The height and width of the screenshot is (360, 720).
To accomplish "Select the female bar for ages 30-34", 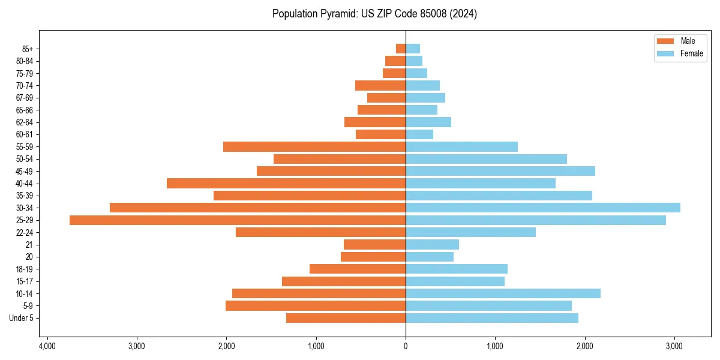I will tap(543, 208).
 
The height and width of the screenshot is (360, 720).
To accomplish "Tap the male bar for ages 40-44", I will tap(286, 183).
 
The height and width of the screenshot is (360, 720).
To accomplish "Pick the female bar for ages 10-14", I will tap(503, 293).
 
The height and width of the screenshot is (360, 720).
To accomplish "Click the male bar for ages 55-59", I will tap(314, 146).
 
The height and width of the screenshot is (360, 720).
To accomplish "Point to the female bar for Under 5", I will tap(492, 318).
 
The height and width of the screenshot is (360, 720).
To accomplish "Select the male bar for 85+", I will tap(401, 49).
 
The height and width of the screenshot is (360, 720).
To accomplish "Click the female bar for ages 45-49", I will tap(500, 171).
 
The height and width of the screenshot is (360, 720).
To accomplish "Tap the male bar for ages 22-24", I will tap(320, 232).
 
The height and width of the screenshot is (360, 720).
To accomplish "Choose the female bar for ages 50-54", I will tap(486, 159).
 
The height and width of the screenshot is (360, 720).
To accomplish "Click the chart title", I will tap(374, 14).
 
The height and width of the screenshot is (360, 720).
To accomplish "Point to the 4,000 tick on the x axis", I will tap(47, 346).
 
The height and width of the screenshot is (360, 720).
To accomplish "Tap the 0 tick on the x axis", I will tap(406, 346).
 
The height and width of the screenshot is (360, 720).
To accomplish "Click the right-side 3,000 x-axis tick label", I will tap(674, 346).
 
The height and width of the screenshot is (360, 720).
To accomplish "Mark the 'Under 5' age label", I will tap(21, 318).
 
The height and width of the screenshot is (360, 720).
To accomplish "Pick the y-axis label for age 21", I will tap(29, 245).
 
